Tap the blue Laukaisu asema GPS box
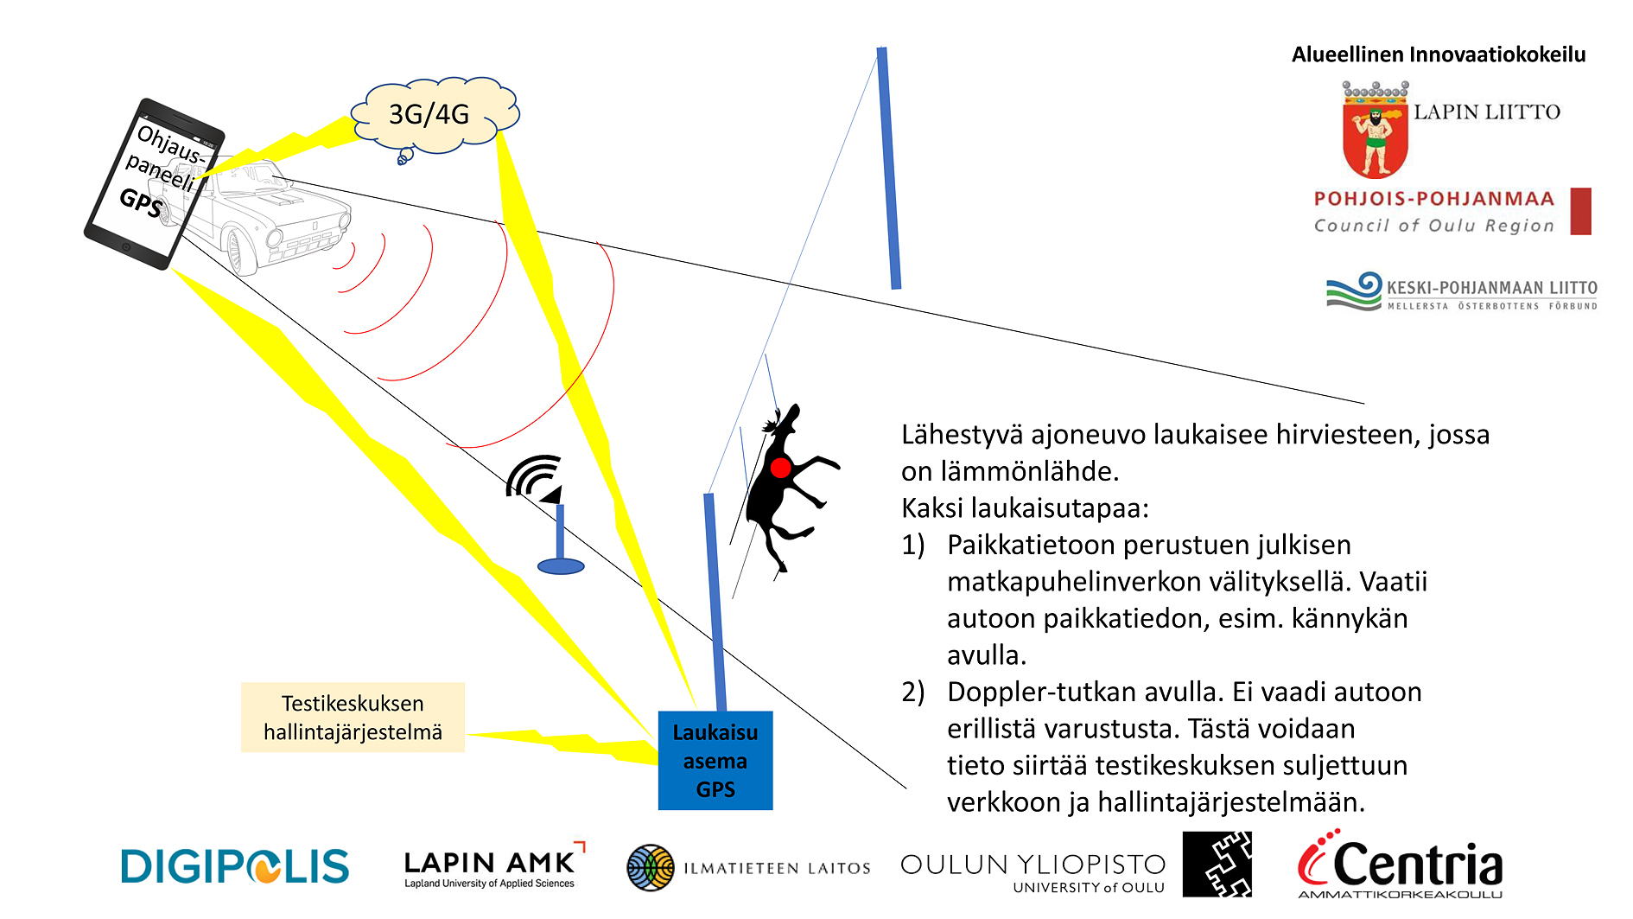coord(715,760)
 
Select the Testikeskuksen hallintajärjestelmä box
coord(353,718)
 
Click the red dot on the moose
coord(780,468)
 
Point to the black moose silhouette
coord(786,484)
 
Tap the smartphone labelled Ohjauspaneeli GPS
coord(154,183)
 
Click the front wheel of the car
coord(238,251)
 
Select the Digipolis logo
coord(235,866)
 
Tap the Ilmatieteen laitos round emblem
coord(651,867)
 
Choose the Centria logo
coord(1400,865)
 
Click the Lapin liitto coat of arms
coord(1375,131)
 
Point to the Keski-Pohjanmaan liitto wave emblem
coord(1355,291)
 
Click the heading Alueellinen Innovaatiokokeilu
coord(1439,54)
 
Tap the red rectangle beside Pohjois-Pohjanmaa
coord(1580,211)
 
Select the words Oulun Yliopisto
coord(1033,864)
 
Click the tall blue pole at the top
coord(889,168)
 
